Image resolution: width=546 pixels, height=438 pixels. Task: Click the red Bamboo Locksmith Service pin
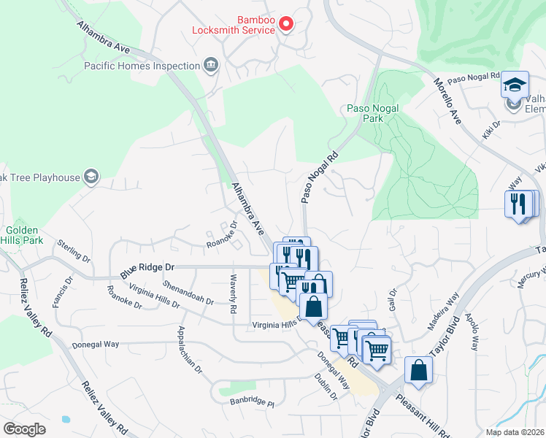[286, 24]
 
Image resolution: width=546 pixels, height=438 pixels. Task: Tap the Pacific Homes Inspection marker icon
[211, 66]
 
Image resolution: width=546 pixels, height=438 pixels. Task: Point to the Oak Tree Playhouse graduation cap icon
[91, 177]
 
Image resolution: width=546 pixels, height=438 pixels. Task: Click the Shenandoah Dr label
[188, 291]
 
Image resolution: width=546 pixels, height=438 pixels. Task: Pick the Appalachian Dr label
[189, 350]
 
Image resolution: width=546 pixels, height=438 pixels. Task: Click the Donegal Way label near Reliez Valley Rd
[96, 344]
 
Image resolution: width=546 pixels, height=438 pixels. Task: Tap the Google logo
[24, 429]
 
